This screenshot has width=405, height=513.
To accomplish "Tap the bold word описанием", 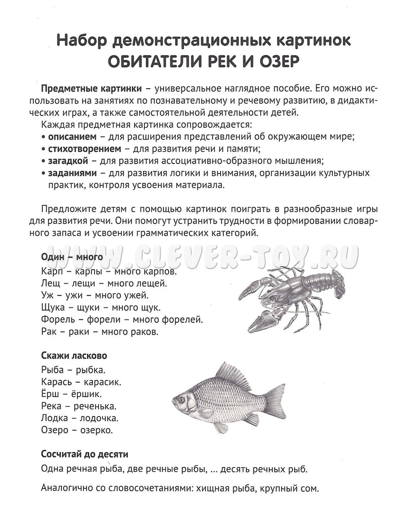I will click(71, 136).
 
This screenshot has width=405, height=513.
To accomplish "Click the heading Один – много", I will click(72, 256).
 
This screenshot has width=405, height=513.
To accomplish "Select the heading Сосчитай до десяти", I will click(84, 455).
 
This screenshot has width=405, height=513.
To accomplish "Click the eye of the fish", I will click(182, 399).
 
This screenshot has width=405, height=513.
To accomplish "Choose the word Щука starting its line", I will click(53, 307).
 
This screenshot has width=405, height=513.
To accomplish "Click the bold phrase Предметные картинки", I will click(91, 88).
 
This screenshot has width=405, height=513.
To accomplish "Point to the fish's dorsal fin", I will click(234, 374).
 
